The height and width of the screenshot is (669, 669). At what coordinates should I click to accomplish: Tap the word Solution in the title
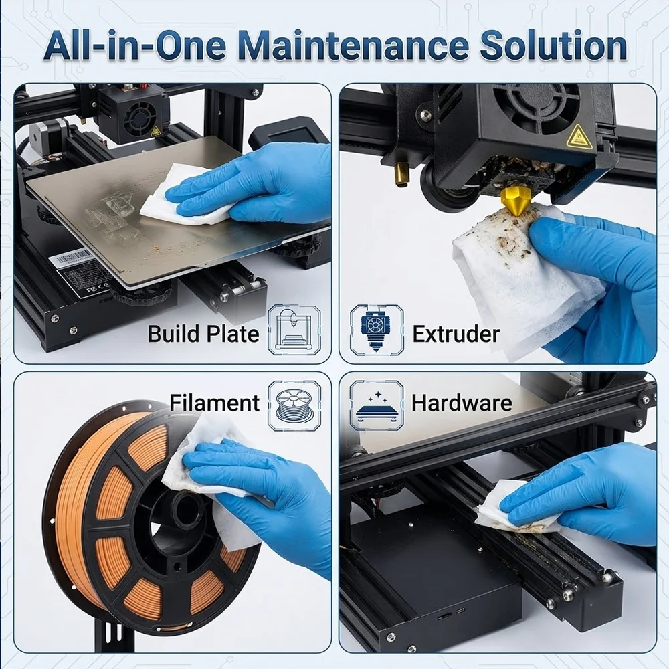pyautogui.click(x=553, y=45)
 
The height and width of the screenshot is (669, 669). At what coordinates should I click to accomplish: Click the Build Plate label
pyautogui.click(x=203, y=334)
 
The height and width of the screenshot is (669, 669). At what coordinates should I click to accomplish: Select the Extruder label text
pyautogui.click(x=456, y=334)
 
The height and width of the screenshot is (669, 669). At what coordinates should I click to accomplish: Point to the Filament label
pyautogui.click(x=214, y=403)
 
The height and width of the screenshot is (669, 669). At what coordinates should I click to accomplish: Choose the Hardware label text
pyautogui.click(x=462, y=403)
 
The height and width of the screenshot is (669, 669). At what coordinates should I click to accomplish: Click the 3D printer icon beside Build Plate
pyautogui.click(x=294, y=330)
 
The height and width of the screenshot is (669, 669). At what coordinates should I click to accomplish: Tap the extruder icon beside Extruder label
pyautogui.click(x=376, y=330)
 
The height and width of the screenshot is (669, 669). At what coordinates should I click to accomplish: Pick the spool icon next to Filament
pyautogui.click(x=294, y=405)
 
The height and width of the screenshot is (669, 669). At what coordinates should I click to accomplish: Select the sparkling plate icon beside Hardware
pyautogui.click(x=376, y=405)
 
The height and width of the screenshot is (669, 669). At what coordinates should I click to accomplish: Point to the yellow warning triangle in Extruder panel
pyautogui.click(x=580, y=137)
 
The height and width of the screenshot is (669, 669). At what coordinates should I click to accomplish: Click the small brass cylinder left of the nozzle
pyautogui.click(x=401, y=175)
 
